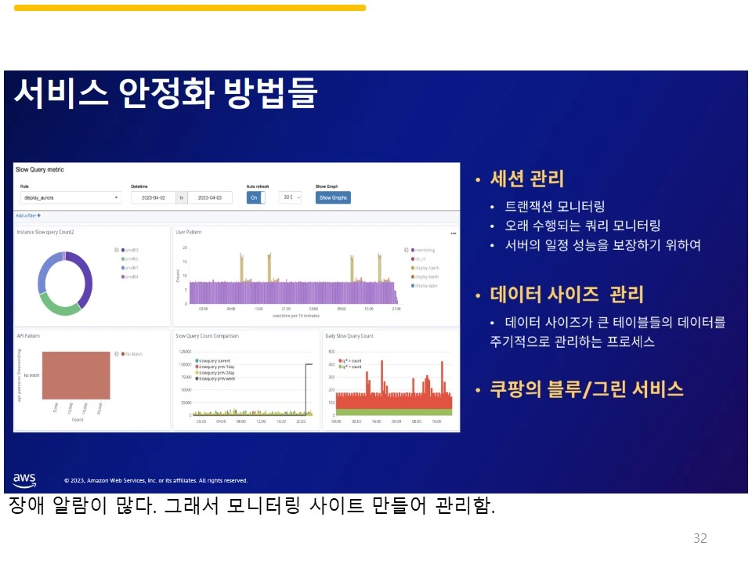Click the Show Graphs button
333,197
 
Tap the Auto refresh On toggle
255,197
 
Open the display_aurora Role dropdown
70,198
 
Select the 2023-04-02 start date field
153,198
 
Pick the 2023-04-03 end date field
210,198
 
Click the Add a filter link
28,215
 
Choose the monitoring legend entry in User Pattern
425,250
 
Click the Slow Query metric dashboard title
40,170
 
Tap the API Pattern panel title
28,335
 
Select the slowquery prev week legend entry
219,378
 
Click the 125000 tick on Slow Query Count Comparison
185,352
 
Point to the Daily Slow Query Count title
349,335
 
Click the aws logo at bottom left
24,479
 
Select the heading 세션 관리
526,179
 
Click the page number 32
700,538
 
